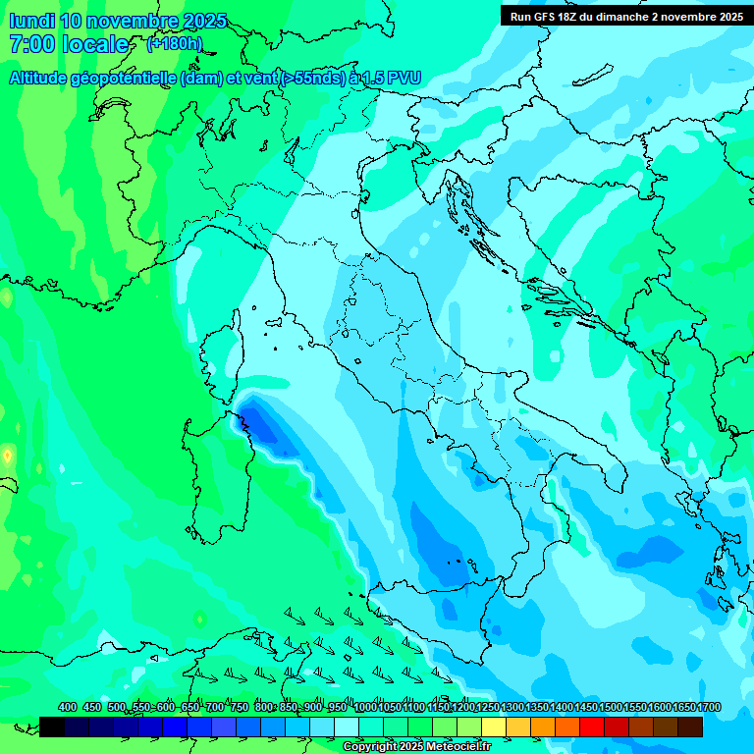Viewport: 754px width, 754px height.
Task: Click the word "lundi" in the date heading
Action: (30, 21)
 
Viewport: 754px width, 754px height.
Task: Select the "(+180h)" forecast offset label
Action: (174, 44)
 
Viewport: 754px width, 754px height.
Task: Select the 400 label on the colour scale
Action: (68, 707)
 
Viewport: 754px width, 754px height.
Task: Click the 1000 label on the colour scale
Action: (365, 707)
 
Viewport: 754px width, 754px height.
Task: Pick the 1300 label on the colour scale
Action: (512, 707)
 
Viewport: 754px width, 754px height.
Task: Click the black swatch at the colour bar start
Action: (52, 727)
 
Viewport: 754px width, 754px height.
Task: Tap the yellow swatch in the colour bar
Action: (494, 727)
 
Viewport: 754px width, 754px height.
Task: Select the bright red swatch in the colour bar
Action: (592, 727)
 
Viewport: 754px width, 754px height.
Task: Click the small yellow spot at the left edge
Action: (7, 456)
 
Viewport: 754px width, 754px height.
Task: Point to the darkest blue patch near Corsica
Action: (261, 427)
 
